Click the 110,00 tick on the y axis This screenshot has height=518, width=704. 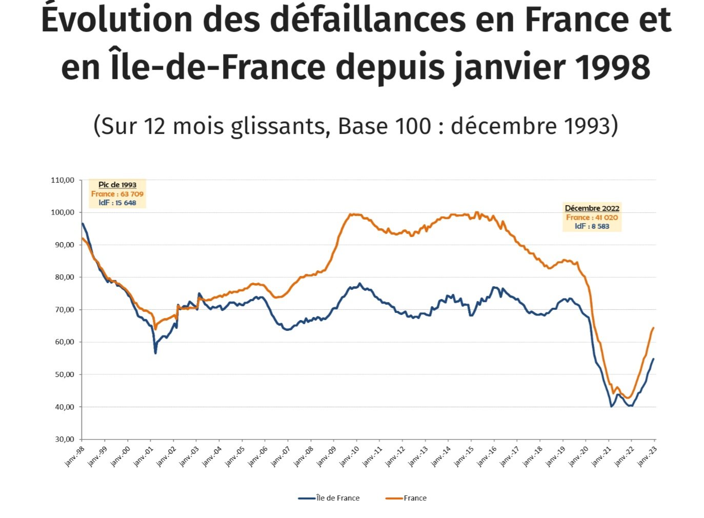point(63,180)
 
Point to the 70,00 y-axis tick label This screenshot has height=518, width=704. point(63,310)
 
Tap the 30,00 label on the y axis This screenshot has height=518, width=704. point(63,439)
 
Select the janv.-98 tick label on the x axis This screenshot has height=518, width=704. point(74,456)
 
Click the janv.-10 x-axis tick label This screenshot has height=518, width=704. point(349,456)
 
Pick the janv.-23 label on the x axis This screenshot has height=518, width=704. point(647,456)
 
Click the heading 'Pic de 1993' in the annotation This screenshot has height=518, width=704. point(117,185)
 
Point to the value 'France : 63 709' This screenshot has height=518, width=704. point(117,194)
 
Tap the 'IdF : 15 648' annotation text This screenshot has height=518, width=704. point(117,203)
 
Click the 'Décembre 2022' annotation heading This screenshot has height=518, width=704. point(592,208)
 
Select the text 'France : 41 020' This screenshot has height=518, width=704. point(592,217)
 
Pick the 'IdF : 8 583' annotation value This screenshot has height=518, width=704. point(592,226)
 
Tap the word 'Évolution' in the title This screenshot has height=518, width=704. point(117,19)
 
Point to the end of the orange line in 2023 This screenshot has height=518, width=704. point(653,328)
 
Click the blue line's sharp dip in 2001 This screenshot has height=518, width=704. point(155,353)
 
